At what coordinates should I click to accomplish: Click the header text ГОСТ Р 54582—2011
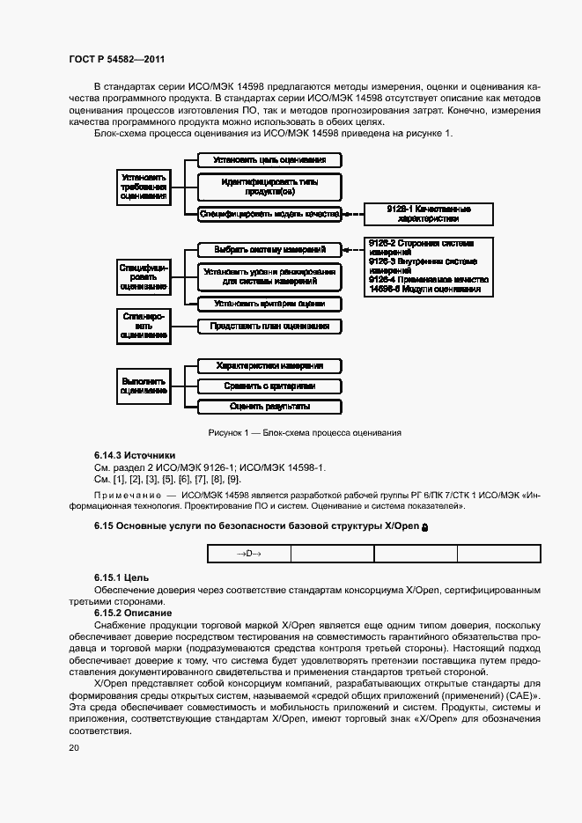[x=117, y=59]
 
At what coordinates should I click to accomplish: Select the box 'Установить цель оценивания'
[x=269, y=160]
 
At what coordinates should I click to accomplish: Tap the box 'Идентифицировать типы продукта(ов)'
[x=269, y=186]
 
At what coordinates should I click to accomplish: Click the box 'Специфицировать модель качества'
[x=269, y=213]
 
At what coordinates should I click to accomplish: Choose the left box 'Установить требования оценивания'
[x=144, y=187]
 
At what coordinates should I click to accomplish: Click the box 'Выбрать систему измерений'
[x=269, y=249]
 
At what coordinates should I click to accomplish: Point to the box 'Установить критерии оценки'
[x=269, y=303]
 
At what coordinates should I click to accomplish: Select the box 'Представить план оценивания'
[x=269, y=326]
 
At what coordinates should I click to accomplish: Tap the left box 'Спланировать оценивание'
[x=144, y=325]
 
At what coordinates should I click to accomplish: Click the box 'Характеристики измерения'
[x=269, y=366]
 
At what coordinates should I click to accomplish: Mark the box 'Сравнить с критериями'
[x=269, y=386]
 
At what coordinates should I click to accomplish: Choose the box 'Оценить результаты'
[x=269, y=407]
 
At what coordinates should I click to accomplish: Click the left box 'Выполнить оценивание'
[x=144, y=385]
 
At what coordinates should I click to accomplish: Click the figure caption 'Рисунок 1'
[x=305, y=432]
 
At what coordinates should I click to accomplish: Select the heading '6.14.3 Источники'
[x=135, y=455]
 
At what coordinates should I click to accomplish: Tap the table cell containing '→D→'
[x=248, y=554]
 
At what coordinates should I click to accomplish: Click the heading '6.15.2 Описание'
[x=132, y=612]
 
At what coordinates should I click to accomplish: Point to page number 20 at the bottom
[x=74, y=747]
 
